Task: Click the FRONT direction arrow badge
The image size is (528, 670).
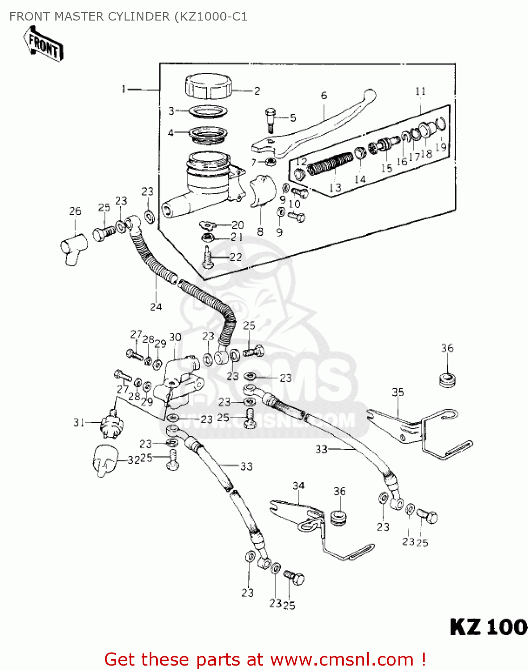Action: pos(43,44)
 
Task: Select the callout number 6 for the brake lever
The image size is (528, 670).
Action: pos(324,96)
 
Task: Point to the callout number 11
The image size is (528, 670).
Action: pos(420,91)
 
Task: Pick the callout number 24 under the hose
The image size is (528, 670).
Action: pos(155,307)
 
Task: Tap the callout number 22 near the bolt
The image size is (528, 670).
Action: pos(235,257)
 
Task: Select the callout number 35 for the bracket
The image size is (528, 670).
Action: pos(398,392)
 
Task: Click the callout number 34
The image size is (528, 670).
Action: pos(298,486)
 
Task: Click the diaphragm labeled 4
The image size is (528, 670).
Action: pos(208,134)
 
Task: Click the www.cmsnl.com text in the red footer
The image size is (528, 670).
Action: pos(342,659)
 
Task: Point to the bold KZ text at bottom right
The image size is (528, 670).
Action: pos(465,627)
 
